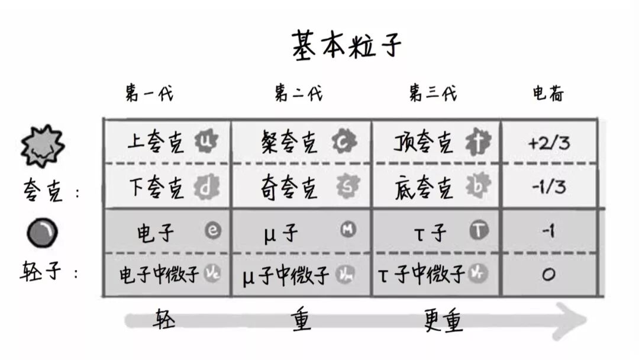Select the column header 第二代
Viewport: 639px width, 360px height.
[299, 94]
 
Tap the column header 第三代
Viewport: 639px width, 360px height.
[433, 94]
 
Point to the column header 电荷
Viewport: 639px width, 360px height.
[548, 94]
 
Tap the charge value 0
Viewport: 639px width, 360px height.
[548, 275]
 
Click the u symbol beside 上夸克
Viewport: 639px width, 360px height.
[206, 142]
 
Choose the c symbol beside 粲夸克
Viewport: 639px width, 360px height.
[343, 142]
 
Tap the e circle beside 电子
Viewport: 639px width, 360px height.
[213, 231]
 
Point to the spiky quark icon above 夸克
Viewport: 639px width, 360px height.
[42, 146]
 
